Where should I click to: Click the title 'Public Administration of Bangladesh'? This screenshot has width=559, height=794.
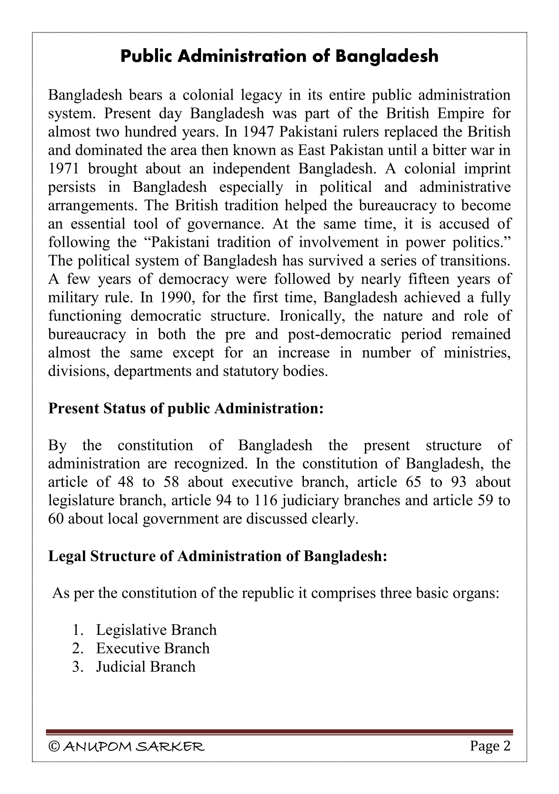tap(279, 56)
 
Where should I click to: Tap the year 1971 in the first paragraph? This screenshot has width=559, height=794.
tap(64, 169)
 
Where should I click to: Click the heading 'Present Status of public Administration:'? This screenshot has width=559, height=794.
tap(186, 408)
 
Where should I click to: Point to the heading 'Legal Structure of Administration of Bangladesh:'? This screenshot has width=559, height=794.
tap(218, 556)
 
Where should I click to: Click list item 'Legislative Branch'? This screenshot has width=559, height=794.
tap(156, 630)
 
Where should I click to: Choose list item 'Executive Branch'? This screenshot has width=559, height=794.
tap(153, 648)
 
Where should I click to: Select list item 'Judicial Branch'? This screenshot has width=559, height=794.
tap(145, 666)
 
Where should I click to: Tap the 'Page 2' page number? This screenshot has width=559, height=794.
tap(490, 746)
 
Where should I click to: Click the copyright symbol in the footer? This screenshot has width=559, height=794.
tap(53, 747)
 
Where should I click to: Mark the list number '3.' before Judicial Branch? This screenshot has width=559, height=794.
tap(78, 667)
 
